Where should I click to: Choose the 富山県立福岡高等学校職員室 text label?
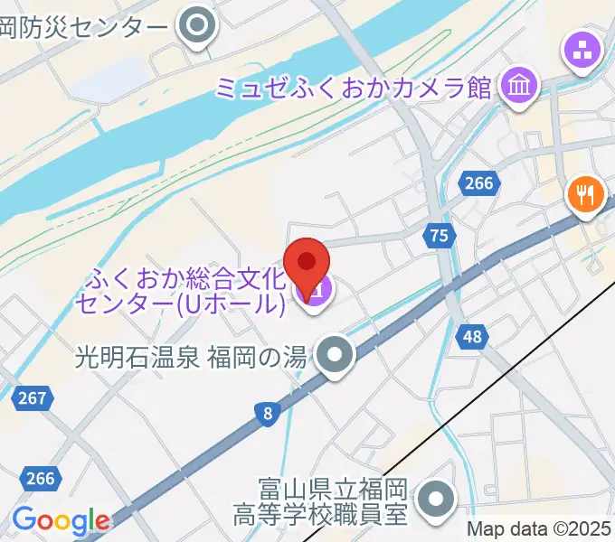(333, 502)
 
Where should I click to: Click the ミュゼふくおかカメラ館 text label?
(353, 88)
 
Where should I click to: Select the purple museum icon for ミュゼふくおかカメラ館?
(521, 88)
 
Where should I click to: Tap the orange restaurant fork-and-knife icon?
(586, 193)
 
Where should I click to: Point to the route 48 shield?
(474, 337)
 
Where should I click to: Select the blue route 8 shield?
(265, 414)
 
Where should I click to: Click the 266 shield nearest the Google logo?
(40, 479)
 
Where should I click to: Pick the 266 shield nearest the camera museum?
(478, 183)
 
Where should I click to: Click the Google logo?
(60, 520)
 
